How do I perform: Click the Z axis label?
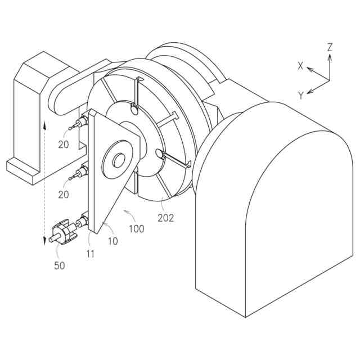click(330, 47)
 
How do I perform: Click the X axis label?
click(301, 66)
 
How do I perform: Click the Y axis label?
click(301, 96)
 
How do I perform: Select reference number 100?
click(136, 229)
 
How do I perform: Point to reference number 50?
click(60, 265)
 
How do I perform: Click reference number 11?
click(89, 253)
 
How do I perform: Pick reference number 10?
click(113, 242)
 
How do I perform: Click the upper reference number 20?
click(63, 144)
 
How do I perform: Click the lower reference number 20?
click(63, 195)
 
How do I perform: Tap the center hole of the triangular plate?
click(119, 160)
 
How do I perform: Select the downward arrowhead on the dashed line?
click(44, 241)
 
